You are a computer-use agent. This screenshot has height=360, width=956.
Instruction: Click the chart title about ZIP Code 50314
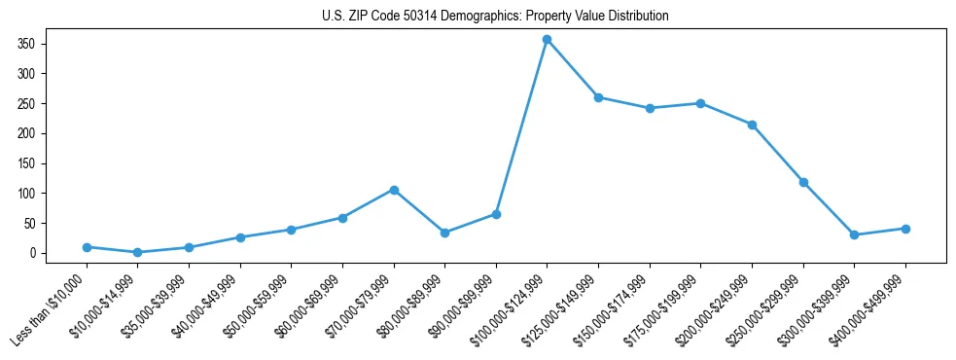point(495,17)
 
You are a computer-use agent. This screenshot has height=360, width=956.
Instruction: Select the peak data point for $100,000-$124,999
point(547,39)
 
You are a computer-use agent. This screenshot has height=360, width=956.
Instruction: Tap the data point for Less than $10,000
point(87,247)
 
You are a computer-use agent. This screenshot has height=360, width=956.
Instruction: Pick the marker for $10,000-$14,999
point(137,252)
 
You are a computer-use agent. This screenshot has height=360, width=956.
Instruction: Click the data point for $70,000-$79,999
point(393,190)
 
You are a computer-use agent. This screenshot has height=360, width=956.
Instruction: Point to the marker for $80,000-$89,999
point(444,233)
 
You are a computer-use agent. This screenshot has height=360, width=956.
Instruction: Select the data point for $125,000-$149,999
point(598,97)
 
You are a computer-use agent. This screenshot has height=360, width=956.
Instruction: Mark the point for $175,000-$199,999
point(700,103)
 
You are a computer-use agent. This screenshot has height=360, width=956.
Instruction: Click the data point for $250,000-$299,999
point(803,182)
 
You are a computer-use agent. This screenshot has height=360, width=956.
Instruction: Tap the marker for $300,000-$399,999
point(854,234)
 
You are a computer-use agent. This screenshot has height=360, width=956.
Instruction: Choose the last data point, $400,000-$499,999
point(905,229)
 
